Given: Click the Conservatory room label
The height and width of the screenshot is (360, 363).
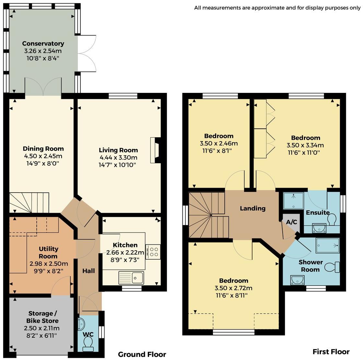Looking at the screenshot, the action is tap(43, 43).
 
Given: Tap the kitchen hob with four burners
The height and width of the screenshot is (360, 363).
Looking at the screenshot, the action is tap(153, 252).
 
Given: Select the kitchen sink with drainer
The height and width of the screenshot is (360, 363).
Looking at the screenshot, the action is tap(131, 278).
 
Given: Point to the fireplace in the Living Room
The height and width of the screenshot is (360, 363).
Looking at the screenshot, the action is tap(156, 151).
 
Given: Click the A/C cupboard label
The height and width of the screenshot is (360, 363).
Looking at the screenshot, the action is tap(291, 222).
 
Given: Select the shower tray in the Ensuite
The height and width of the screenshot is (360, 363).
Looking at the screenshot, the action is tap(294, 201).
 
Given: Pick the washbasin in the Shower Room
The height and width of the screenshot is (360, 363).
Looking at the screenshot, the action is tap(298, 280).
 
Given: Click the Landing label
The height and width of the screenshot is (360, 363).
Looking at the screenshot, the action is tap(252, 208).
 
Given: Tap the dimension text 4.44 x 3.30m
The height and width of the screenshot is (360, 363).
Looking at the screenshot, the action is tap(119, 157).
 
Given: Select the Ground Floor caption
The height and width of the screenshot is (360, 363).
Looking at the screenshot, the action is tap(142, 354).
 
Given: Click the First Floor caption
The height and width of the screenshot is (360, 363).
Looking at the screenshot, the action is tap(331, 352).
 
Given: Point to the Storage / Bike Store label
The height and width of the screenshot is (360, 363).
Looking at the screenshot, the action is tap(42, 317).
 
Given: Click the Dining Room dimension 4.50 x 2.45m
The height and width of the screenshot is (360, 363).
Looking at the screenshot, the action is tap(43, 156).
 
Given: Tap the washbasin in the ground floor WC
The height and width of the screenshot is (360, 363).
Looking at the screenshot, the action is tap(81, 324).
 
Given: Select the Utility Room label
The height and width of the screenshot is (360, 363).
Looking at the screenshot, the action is tap(48, 253).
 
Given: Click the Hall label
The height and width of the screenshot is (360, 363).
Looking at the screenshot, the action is tap(89, 271).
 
